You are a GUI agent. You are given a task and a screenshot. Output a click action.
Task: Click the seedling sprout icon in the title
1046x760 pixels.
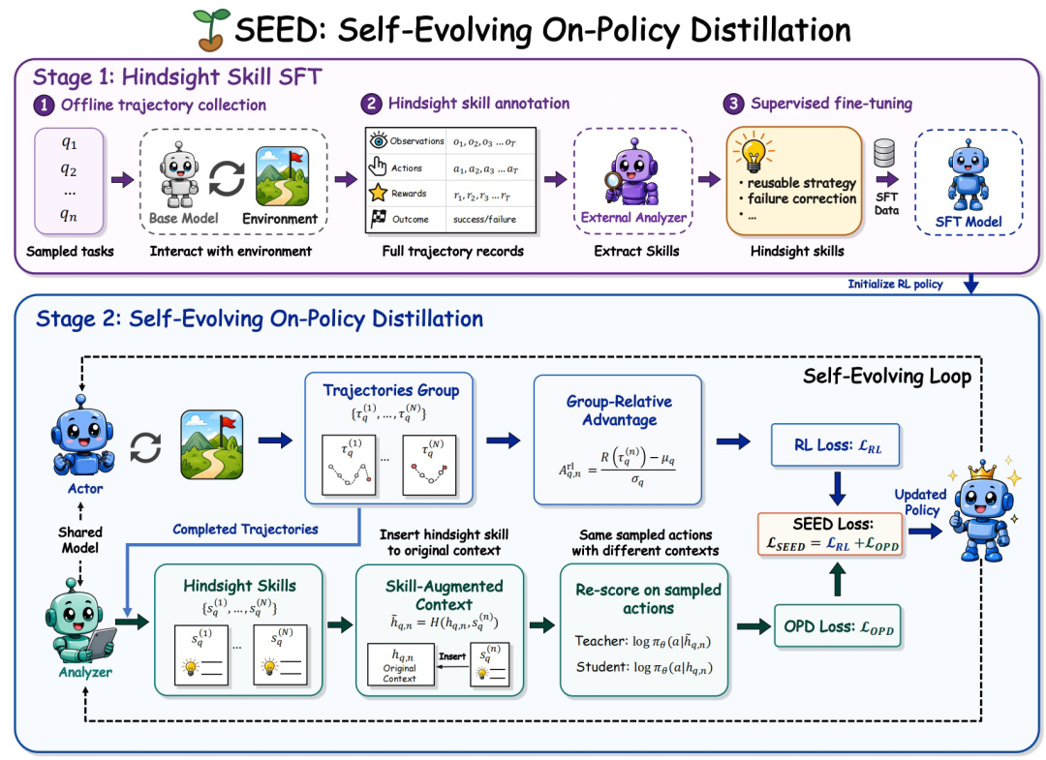click(211, 30)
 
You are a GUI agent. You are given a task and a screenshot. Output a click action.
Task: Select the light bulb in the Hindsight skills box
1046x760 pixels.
click(754, 152)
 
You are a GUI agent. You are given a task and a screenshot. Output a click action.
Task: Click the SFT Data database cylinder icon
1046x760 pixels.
click(884, 153)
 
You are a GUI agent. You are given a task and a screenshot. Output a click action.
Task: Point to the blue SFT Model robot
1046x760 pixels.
click(968, 174)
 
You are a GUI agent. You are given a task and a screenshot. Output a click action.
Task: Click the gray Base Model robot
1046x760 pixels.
click(179, 174)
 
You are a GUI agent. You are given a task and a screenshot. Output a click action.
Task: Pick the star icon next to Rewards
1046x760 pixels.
click(379, 193)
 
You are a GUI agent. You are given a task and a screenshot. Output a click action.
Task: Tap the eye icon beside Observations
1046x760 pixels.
click(379, 140)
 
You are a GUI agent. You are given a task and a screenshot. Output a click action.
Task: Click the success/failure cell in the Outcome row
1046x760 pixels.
click(485, 219)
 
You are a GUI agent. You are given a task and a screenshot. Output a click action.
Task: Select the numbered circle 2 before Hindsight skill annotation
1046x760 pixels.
click(371, 104)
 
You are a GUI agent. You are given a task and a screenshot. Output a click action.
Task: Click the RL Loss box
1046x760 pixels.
click(836, 445)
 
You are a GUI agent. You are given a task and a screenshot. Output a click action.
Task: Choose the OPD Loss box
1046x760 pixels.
click(838, 626)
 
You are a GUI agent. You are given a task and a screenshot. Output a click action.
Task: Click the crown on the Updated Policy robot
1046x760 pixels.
click(982, 471)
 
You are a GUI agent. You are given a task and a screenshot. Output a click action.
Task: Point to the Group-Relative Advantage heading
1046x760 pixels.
click(619, 410)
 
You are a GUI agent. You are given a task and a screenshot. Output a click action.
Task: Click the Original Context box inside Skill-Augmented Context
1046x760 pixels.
click(400, 665)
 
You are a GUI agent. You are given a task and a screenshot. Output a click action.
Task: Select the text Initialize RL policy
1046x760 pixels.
click(895, 284)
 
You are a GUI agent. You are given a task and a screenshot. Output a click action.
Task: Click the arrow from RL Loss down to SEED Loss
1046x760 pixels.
click(837, 489)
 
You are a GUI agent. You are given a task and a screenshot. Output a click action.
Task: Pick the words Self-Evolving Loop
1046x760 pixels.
click(886, 377)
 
